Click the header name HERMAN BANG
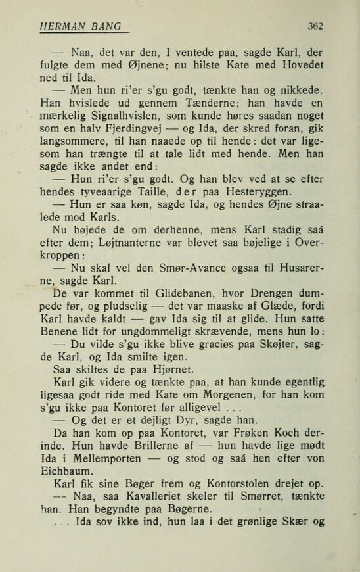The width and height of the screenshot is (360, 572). (x=80, y=26)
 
